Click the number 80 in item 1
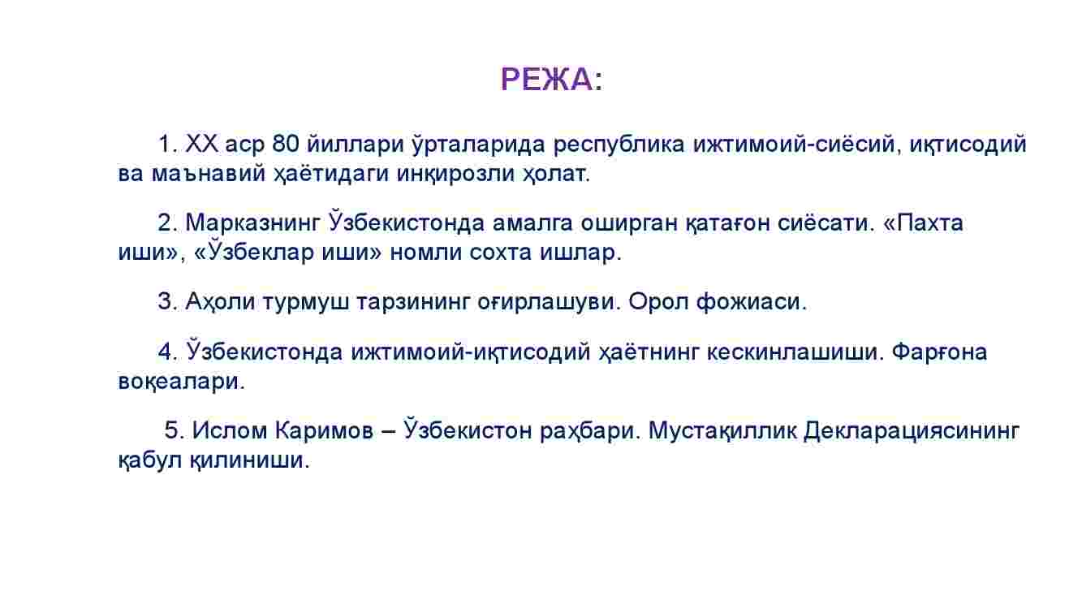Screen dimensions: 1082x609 click(286, 144)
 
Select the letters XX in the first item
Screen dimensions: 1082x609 click(202, 144)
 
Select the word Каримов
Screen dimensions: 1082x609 click(324, 430)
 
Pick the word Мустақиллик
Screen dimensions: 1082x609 click(722, 430)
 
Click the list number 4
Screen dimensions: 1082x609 click(166, 352)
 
